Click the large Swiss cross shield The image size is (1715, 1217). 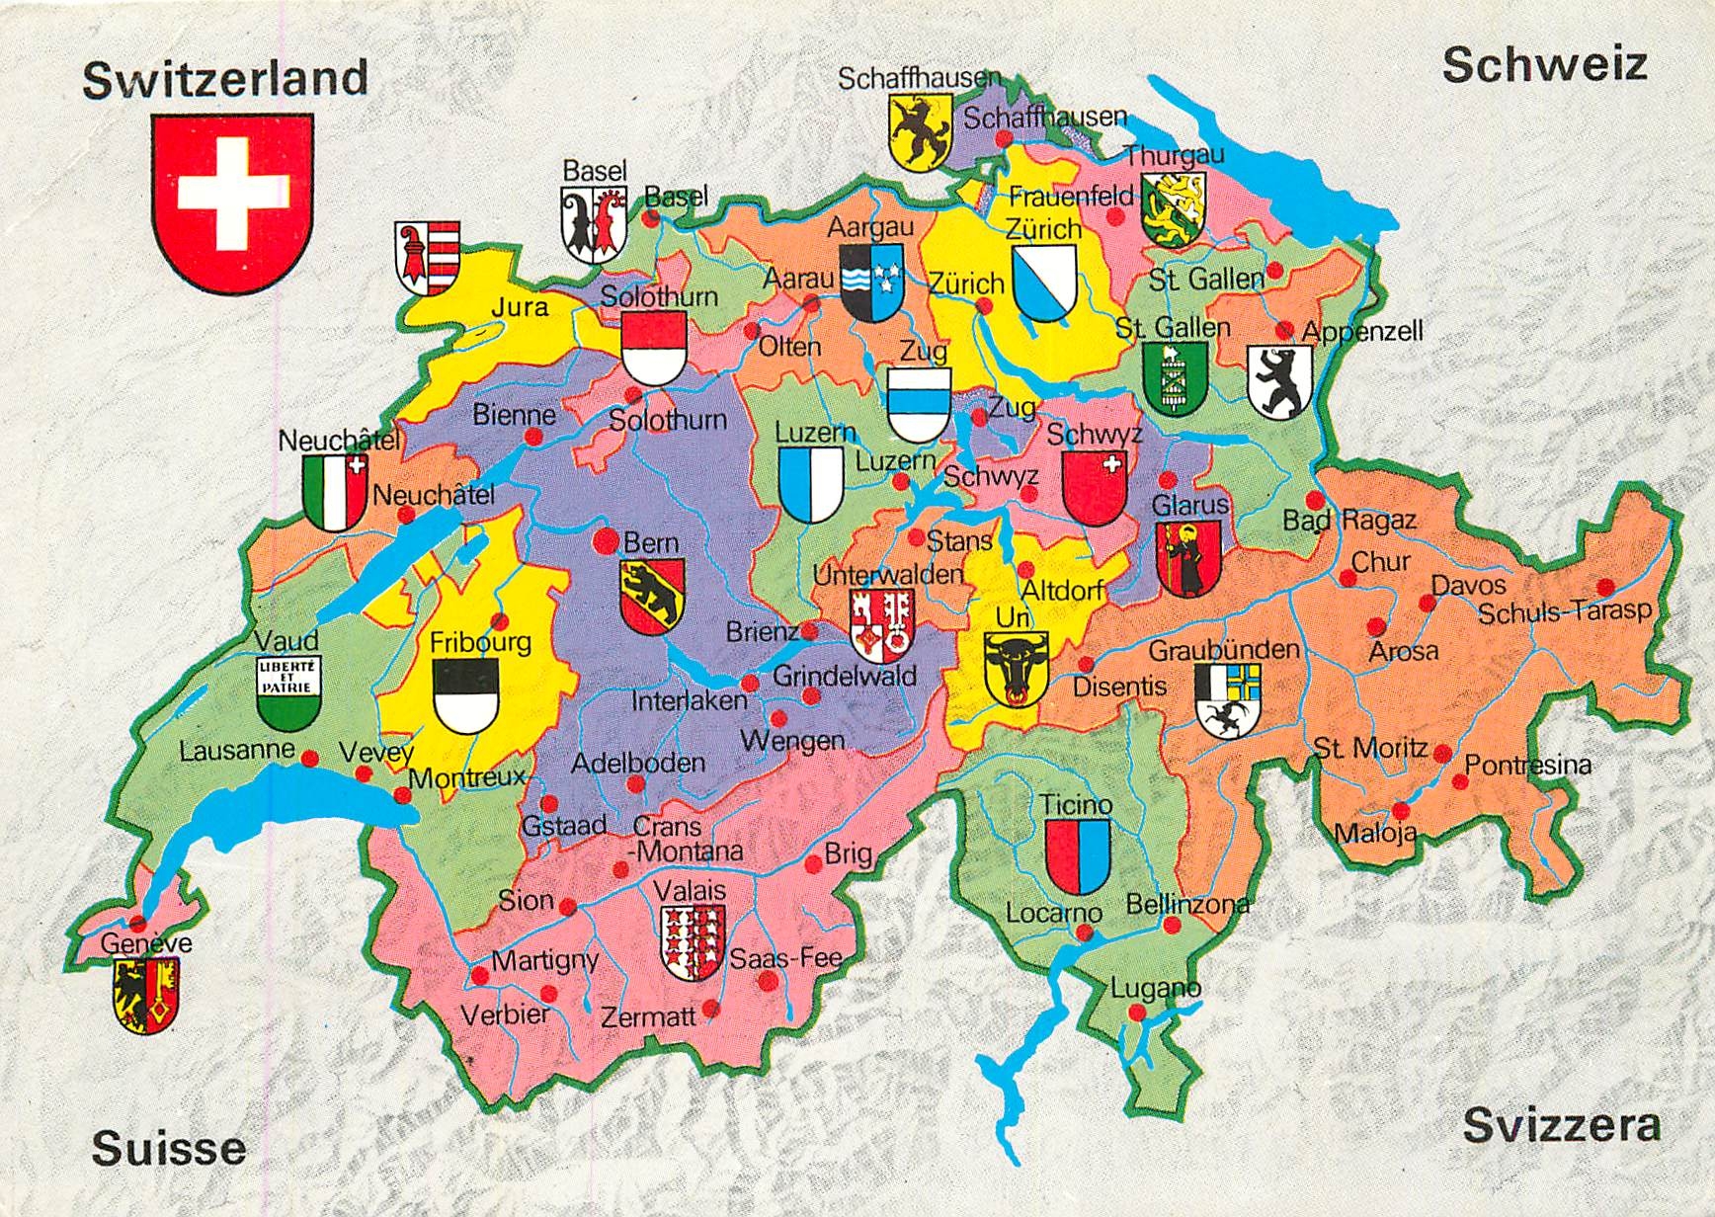[232, 203]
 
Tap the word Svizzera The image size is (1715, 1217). [1562, 1125]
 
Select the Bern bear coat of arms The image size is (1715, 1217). [652, 596]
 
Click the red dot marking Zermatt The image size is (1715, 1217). [711, 1010]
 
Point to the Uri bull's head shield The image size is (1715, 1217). [1016, 669]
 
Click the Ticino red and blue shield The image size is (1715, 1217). [1077, 855]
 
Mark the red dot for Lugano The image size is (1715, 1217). [1137, 1013]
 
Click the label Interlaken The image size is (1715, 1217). [690, 700]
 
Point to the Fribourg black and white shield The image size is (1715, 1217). [466, 695]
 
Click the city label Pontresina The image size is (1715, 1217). [1527, 765]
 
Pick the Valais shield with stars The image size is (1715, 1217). [693, 941]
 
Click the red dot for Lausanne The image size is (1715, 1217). [309, 759]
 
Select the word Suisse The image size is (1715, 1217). [169, 1148]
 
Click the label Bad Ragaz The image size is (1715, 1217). [1349, 520]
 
